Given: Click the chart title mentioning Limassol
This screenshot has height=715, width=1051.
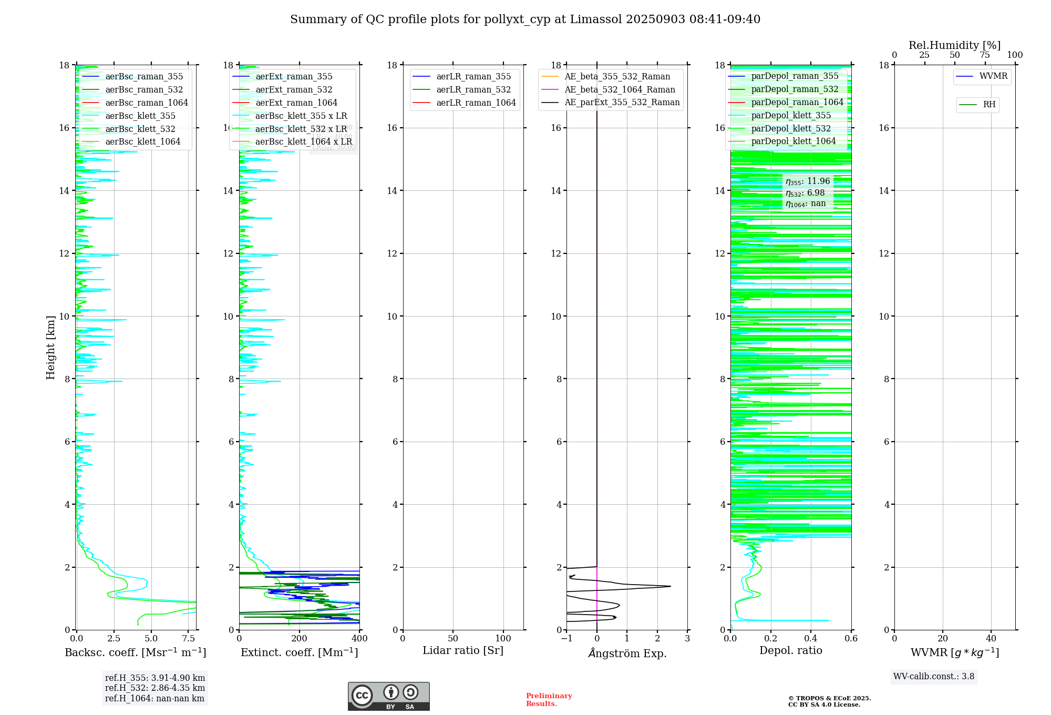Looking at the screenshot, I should point(525,19).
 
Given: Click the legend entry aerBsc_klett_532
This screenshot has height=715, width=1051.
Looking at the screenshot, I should point(140,129).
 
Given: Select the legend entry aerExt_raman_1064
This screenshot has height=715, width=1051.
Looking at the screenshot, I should point(296,103).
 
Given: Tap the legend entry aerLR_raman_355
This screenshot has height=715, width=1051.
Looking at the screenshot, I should point(473,77).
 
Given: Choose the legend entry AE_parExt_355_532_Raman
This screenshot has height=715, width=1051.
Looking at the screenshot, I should point(622,103).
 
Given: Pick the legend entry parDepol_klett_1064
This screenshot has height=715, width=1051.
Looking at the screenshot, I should point(793,141).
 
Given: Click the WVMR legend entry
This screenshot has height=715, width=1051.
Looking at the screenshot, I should point(993,76).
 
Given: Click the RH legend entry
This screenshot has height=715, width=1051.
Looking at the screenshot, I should point(989,105).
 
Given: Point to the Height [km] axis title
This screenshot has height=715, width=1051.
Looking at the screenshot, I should point(50,347).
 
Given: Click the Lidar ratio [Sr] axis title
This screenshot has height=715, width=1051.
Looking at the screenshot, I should point(463,650).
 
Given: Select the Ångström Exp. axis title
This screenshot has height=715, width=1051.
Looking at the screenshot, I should point(627,653).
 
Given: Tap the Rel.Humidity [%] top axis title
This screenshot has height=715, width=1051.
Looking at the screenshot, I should point(954,45).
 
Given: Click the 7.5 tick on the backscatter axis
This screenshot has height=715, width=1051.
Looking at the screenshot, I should point(188,639).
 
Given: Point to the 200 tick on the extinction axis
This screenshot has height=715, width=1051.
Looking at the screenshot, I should point(300,639).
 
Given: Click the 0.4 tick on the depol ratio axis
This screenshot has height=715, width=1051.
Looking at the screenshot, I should point(811,639).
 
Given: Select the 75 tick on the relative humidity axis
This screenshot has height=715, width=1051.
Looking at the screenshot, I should point(985,55).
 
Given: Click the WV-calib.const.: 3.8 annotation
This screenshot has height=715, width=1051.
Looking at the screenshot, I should point(934,677).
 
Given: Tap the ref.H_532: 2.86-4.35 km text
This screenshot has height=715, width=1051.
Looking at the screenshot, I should point(155,688).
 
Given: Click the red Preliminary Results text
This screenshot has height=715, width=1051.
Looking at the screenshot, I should point(549,700).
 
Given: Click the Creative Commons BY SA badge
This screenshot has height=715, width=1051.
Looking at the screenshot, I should point(388,697).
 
